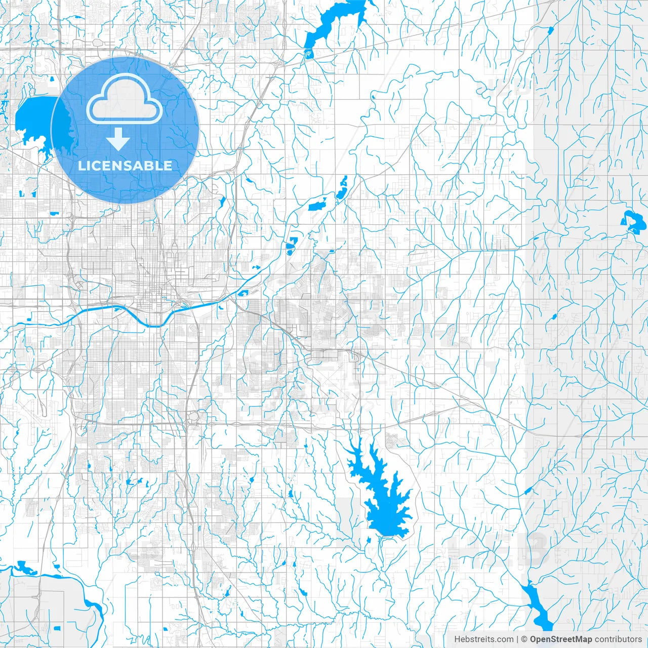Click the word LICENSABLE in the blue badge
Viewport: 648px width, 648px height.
pos(125,166)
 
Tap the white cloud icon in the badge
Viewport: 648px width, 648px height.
pos(124,100)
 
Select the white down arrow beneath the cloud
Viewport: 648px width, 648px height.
pos(118,139)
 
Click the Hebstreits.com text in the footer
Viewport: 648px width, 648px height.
pos(483,639)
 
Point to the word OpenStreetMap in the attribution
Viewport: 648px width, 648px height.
pos(560,639)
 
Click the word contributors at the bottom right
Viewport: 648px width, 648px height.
pos(618,639)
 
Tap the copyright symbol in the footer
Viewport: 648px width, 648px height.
pos(524,639)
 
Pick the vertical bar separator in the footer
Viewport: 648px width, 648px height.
pos(517,639)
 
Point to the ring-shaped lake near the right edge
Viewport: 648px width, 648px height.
pos(631,222)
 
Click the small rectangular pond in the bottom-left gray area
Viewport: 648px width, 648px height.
pos(57,628)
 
